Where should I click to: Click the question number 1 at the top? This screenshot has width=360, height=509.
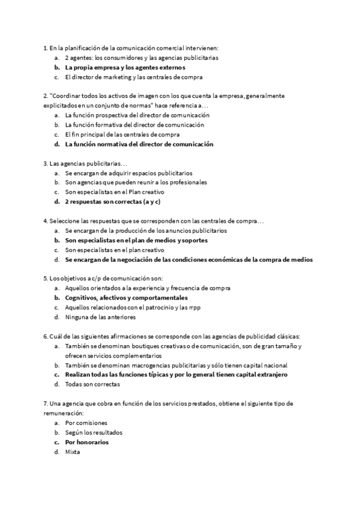coord(46,48)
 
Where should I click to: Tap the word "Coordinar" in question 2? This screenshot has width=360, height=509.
coord(70,96)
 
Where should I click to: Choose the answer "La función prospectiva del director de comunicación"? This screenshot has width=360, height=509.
coord(137,115)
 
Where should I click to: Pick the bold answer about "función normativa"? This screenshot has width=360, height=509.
coord(139,144)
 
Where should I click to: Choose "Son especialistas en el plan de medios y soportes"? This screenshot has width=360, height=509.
coord(136,240)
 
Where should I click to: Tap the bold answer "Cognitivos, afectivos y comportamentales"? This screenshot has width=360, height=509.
coord(126,298)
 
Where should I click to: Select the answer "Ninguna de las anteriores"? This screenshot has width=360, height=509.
coord(100,317)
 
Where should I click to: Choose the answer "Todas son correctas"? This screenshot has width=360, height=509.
coord(92,384)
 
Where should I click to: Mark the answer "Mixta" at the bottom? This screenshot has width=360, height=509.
coord(72,451)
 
